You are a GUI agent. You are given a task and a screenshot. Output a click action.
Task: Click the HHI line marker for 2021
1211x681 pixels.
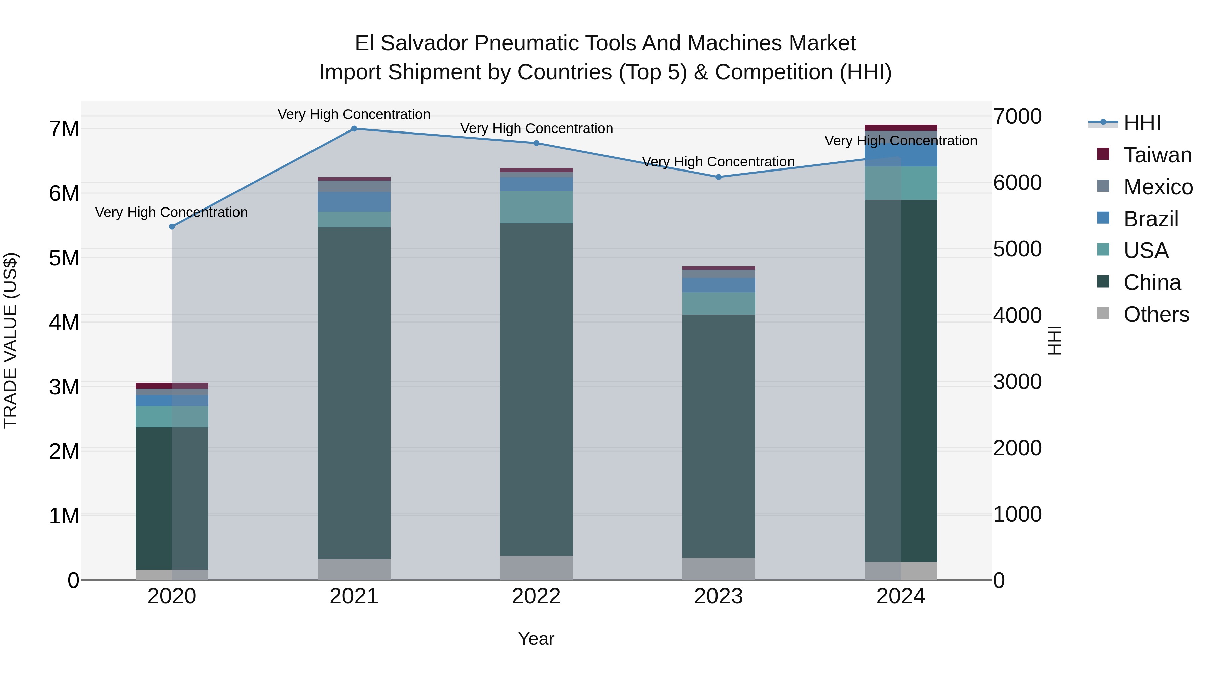pos(354,128)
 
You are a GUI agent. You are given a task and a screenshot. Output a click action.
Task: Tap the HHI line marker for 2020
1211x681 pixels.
pos(172,227)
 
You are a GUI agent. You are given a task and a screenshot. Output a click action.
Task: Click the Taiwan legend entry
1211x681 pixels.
pos(1157,155)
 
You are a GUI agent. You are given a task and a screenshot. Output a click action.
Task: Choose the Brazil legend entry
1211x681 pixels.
pos(1150,219)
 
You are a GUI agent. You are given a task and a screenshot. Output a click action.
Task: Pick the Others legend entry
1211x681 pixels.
pos(1155,314)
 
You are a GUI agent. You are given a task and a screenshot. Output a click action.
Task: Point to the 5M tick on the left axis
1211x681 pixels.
pos(64,258)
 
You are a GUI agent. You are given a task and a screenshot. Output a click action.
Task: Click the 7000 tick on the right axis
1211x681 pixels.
pos(1017,117)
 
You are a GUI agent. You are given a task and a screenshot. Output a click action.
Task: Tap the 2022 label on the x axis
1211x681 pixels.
pos(536,596)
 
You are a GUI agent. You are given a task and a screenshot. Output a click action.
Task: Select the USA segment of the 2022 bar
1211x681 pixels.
pos(536,207)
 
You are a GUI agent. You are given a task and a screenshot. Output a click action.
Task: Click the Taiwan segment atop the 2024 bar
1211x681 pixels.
pos(901,127)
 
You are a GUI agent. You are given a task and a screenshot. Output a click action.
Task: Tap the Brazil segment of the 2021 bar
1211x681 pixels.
pos(354,202)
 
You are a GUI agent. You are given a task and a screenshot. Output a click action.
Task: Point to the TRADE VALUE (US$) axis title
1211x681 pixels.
pos(10,340)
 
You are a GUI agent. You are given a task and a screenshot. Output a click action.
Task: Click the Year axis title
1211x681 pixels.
pos(536,639)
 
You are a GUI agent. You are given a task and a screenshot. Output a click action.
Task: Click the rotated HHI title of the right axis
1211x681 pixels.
pos(1055,340)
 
